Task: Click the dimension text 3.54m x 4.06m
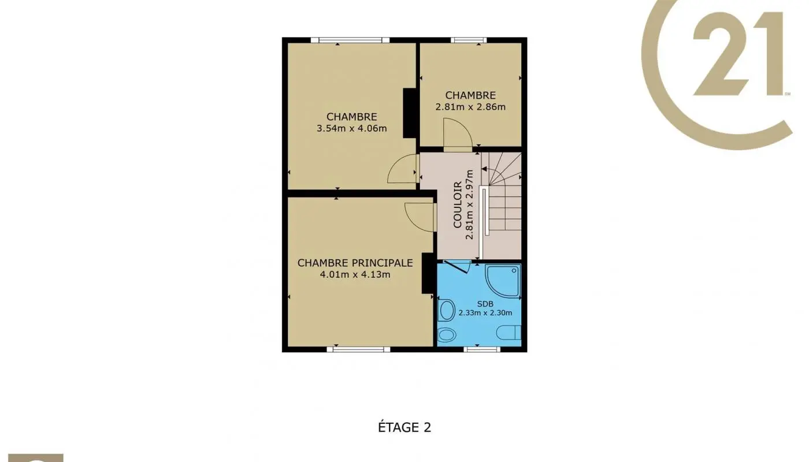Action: [x=351, y=128]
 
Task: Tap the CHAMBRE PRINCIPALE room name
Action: [x=355, y=263]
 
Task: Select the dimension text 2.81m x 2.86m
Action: [x=470, y=107]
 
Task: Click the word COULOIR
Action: [x=458, y=204]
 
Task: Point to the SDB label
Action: [x=485, y=304]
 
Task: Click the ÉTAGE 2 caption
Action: [x=404, y=427]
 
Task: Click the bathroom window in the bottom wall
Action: [x=482, y=349]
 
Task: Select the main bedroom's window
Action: [x=358, y=349]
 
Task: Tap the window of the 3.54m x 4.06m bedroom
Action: [x=350, y=40]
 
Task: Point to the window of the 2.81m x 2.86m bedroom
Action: [x=469, y=40]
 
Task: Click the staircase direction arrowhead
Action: [x=484, y=169]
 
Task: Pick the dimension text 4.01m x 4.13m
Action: [x=355, y=275]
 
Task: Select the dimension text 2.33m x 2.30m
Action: [x=485, y=313]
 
